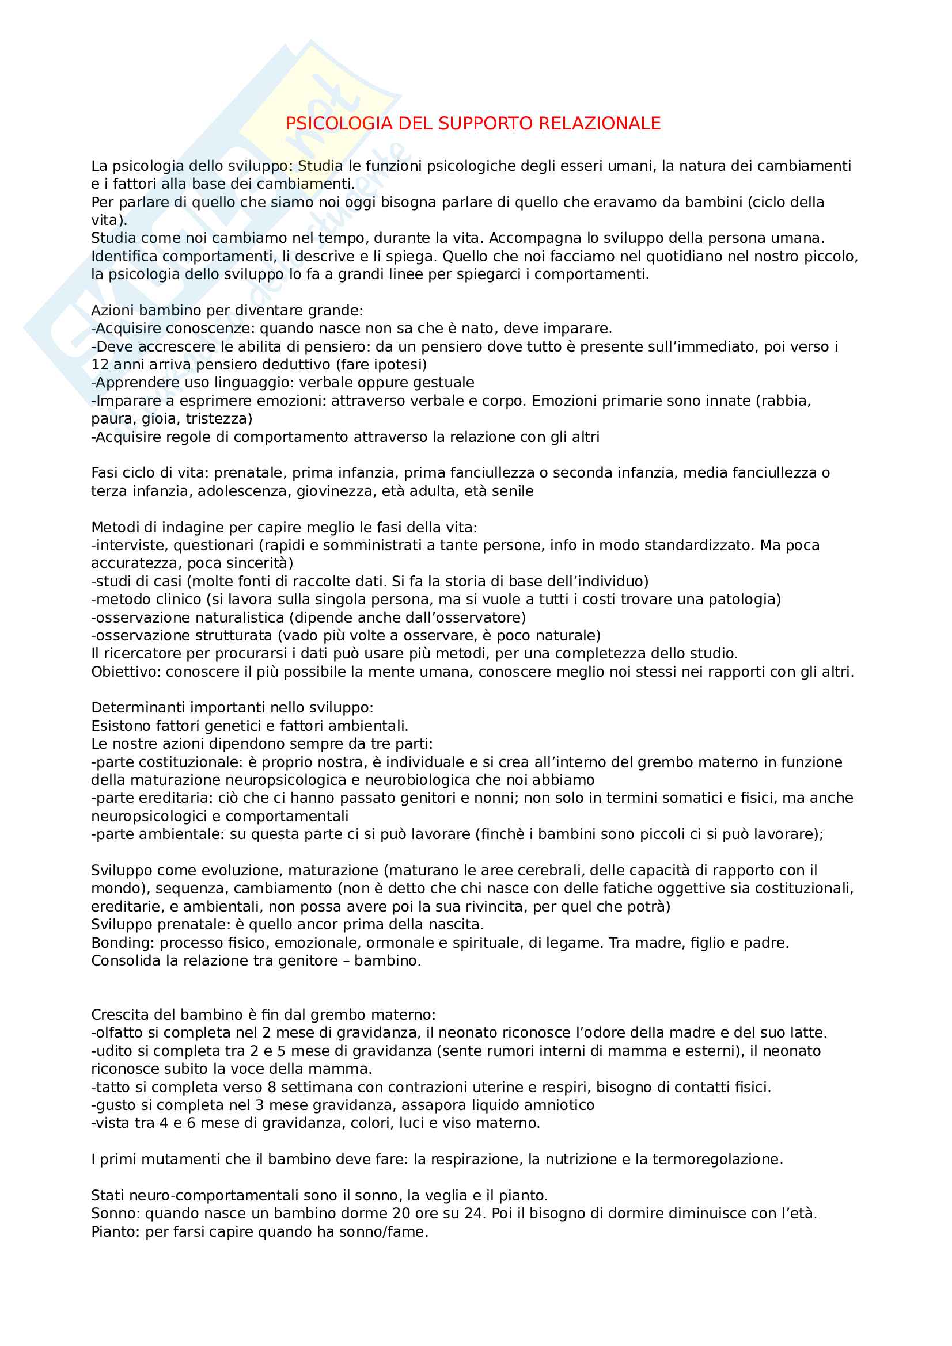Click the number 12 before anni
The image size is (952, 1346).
pos(100,365)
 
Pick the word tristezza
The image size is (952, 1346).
pos(218,418)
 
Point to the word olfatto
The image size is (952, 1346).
pos(114,1032)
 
